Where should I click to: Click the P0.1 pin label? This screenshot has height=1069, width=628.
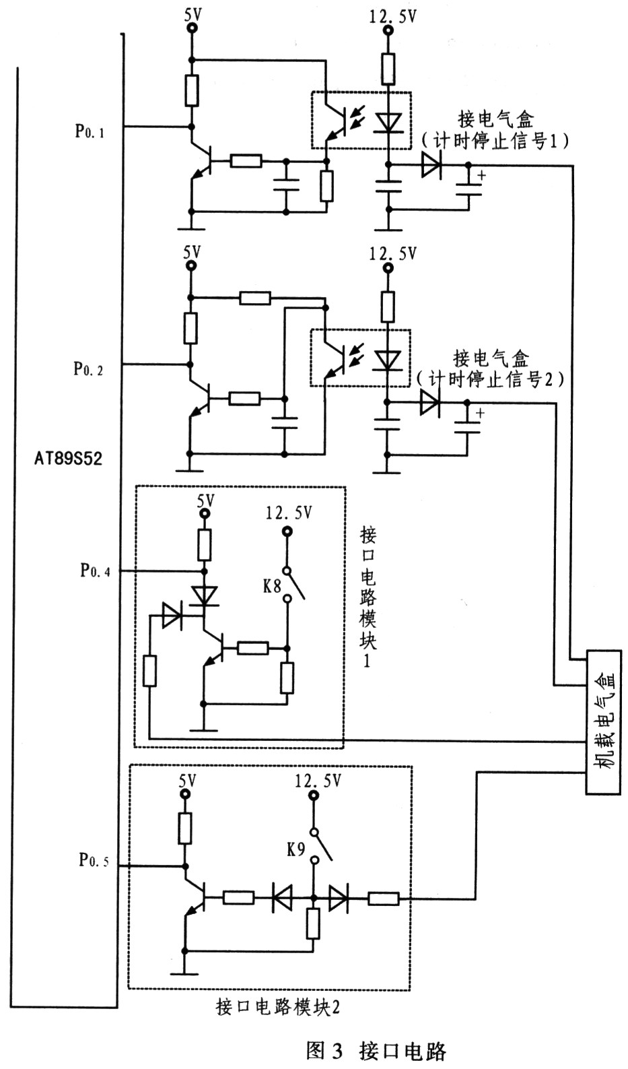coord(89,131)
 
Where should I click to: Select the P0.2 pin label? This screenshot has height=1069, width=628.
coord(88,369)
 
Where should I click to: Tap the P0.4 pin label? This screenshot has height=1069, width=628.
coord(95,571)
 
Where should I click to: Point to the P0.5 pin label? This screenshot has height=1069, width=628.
coord(94,860)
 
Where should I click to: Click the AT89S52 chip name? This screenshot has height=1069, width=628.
coord(68,459)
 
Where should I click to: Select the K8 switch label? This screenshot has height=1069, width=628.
coord(273,586)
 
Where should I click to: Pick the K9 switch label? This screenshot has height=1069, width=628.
coord(295,849)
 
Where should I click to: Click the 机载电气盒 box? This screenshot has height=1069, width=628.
coord(603,722)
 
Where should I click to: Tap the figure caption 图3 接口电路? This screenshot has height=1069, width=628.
coord(376,1051)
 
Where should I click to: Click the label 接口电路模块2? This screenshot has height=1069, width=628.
coord(278,1007)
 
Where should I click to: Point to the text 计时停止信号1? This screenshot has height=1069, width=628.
coord(495,141)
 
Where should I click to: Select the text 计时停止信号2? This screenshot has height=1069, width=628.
coord(490,379)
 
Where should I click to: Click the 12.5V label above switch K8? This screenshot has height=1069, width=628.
coord(289,513)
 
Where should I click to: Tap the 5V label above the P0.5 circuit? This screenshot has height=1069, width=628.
coord(187,781)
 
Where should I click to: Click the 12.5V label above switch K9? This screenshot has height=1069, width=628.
coord(318,781)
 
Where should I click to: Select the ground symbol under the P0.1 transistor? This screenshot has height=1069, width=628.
coord(191,228)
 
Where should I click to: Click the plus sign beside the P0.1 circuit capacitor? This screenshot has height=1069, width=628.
coord(482,175)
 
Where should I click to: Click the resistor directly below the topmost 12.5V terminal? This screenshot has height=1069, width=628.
coord(388,69)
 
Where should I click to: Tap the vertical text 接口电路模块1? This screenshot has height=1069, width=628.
coord(368,597)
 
